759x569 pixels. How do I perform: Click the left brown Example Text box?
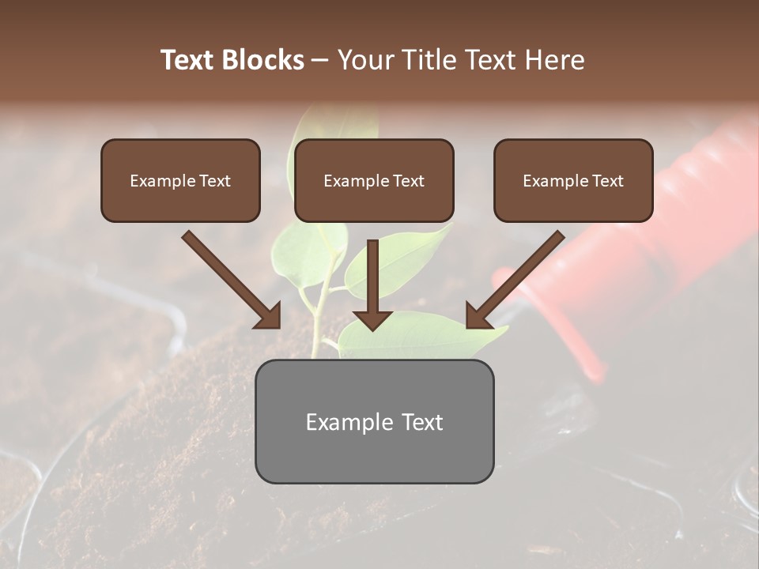(180, 180)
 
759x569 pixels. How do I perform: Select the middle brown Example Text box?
(374, 180)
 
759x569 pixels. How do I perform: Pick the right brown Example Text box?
(573, 180)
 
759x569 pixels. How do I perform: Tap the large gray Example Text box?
(374, 421)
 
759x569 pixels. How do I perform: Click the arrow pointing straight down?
(372, 284)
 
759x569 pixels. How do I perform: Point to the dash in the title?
(320, 60)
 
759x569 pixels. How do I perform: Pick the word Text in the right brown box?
(607, 181)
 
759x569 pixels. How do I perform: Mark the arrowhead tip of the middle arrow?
(372, 329)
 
